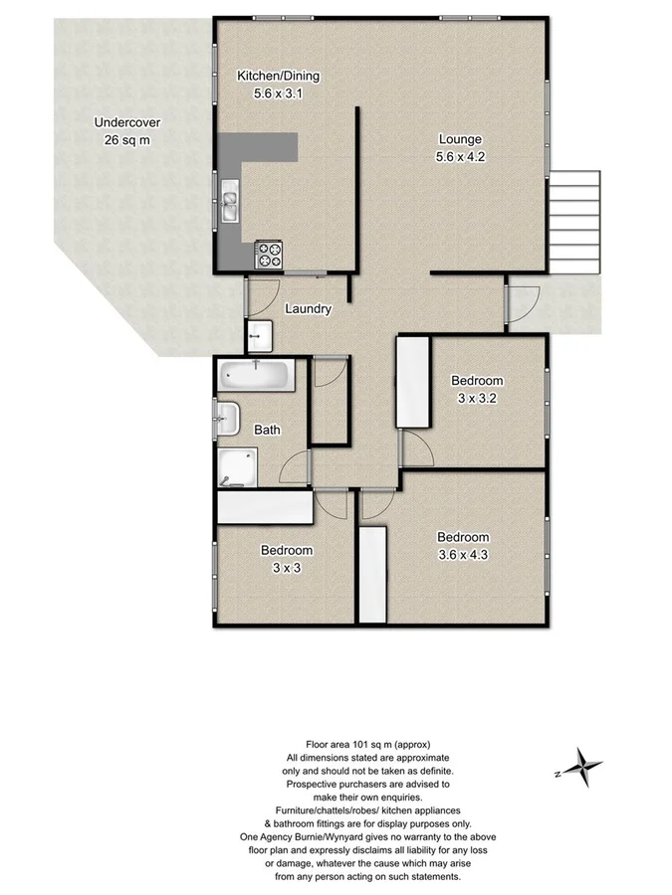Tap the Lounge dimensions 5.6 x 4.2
pos(459,156)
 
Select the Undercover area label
pos(126,123)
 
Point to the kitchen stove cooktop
pos(269,255)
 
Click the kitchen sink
pos(230,202)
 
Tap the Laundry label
pos(308,309)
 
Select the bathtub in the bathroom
pos(256,376)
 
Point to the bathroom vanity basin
pos(227,419)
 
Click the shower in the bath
pos(238,466)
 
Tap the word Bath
pos(267,431)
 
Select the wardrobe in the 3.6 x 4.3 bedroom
pos(372,576)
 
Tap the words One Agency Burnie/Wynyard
pos(306,837)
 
